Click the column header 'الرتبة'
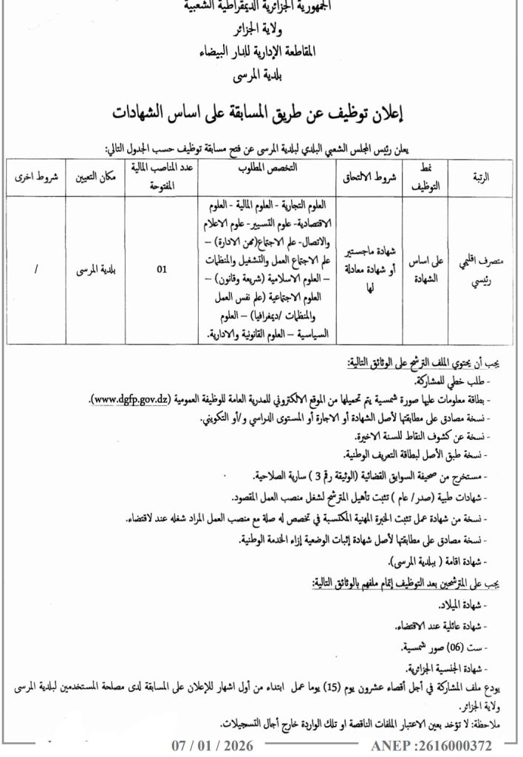coord(479,177)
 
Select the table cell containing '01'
coord(162,271)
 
